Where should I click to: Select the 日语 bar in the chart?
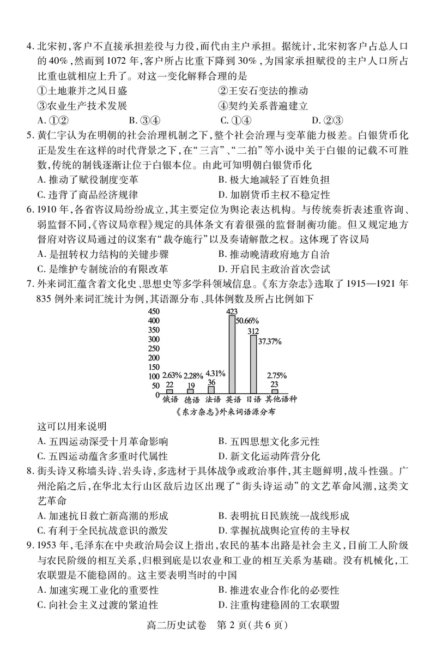click(253, 364)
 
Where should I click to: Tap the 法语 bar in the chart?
click(211, 390)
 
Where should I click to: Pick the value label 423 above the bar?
click(232, 311)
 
